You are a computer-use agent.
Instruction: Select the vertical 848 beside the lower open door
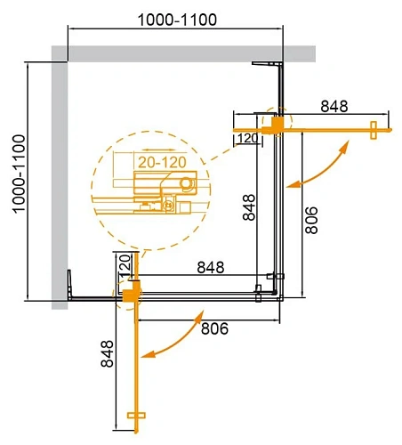[x=108, y=360]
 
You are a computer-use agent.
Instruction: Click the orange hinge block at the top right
[x=279, y=123]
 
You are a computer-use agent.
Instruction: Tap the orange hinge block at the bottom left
[x=132, y=292]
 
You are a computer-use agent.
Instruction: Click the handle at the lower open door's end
[x=135, y=416]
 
